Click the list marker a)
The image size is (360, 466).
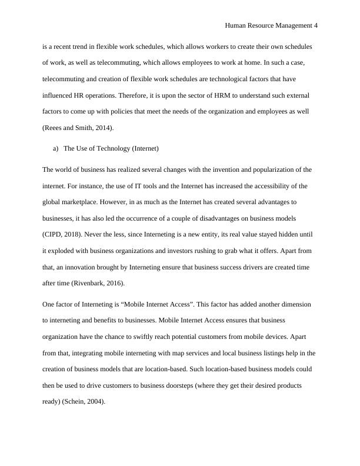click(56, 149)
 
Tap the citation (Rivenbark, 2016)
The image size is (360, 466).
click(77, 282)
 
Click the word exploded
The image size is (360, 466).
click(68, 251)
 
